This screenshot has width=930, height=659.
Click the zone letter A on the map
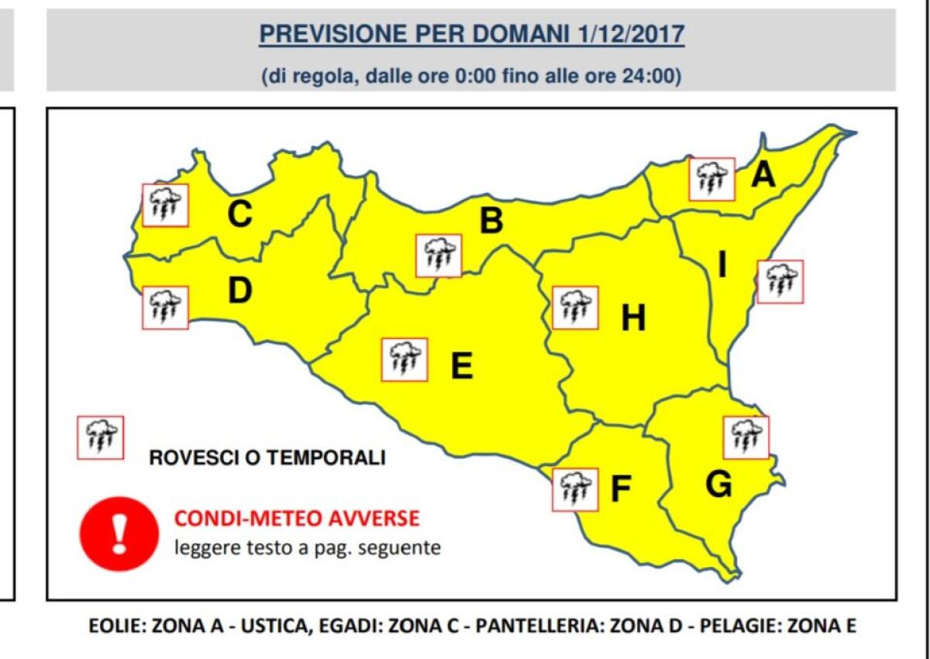(x=763, y=176)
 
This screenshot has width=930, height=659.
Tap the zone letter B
(x=491, y=221)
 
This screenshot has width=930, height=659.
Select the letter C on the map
(x=239, y=215)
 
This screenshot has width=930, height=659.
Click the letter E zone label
(x=462, y=366)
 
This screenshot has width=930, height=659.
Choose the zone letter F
(x=620, y=489)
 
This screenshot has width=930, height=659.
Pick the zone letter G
(x=718, y=485)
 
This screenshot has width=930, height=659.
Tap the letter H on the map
(x=633, y=317)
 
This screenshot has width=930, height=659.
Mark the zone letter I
(x=722, y=266)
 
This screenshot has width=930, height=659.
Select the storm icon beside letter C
(x=165, y=205)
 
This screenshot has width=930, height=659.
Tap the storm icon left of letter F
(x=575, y=489)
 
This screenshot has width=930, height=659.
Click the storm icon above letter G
(x=746, y=437)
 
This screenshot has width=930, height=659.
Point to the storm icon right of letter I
(x=780, y=282)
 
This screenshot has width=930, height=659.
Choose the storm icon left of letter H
(x=575, y=307)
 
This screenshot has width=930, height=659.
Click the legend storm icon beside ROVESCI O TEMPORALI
(x=101, y=438)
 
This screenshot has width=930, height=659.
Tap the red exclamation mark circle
(x=119, y=534)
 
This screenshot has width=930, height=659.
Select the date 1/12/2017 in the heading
(x=631, y=34)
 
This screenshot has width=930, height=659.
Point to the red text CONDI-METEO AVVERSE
(x=297, y=518)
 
